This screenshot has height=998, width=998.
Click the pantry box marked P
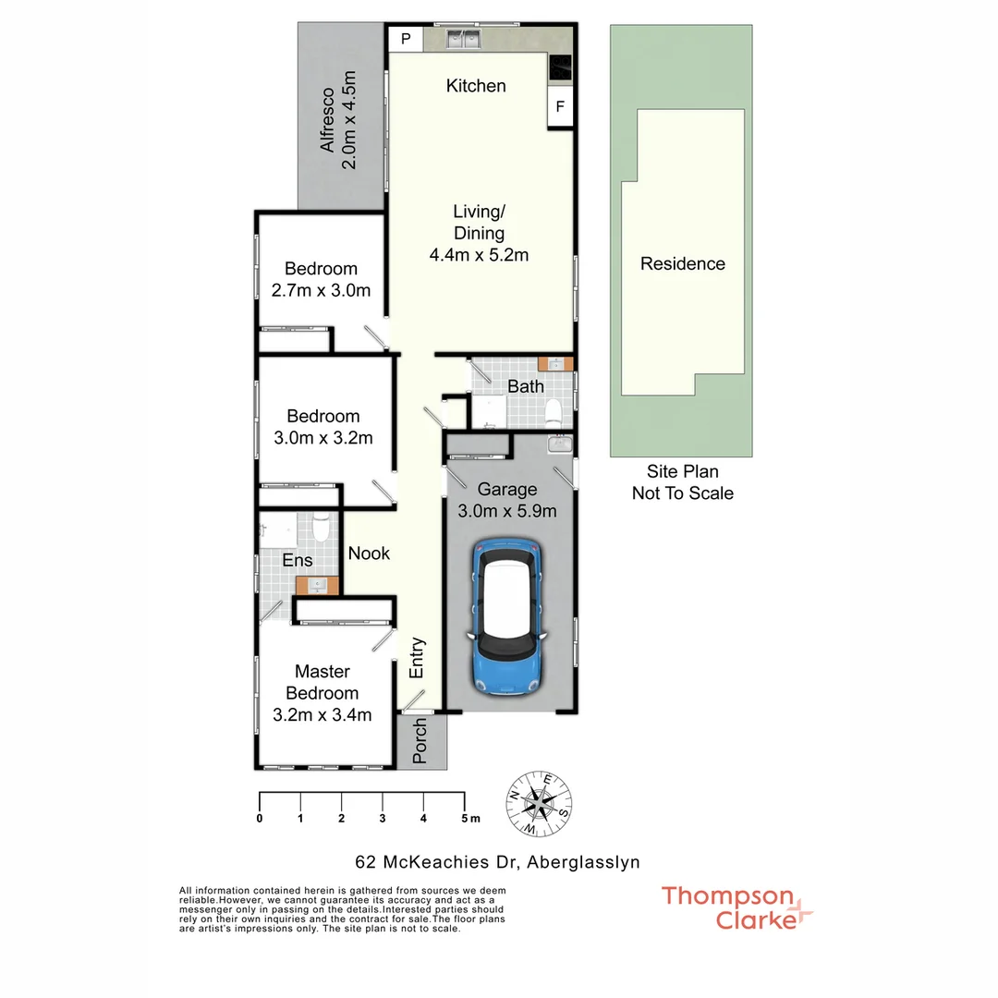(x=405, y=40)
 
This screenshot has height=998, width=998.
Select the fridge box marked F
(x=559, y=107)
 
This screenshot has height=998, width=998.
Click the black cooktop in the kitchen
(x=560, y=67)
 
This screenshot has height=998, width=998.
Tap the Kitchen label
(x=476, y=86)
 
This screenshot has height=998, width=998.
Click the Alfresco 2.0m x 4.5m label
(x=338, y=120)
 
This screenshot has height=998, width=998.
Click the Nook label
(x=369, y=554)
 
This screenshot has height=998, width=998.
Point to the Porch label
(x=420, y=740)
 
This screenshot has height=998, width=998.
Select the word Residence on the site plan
(x=683, y=264)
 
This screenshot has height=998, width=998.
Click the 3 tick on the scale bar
(x=382, y=818)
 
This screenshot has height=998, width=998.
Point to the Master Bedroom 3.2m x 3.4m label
(x=323, y=693)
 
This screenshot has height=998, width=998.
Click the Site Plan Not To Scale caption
(x=683, y=482)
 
